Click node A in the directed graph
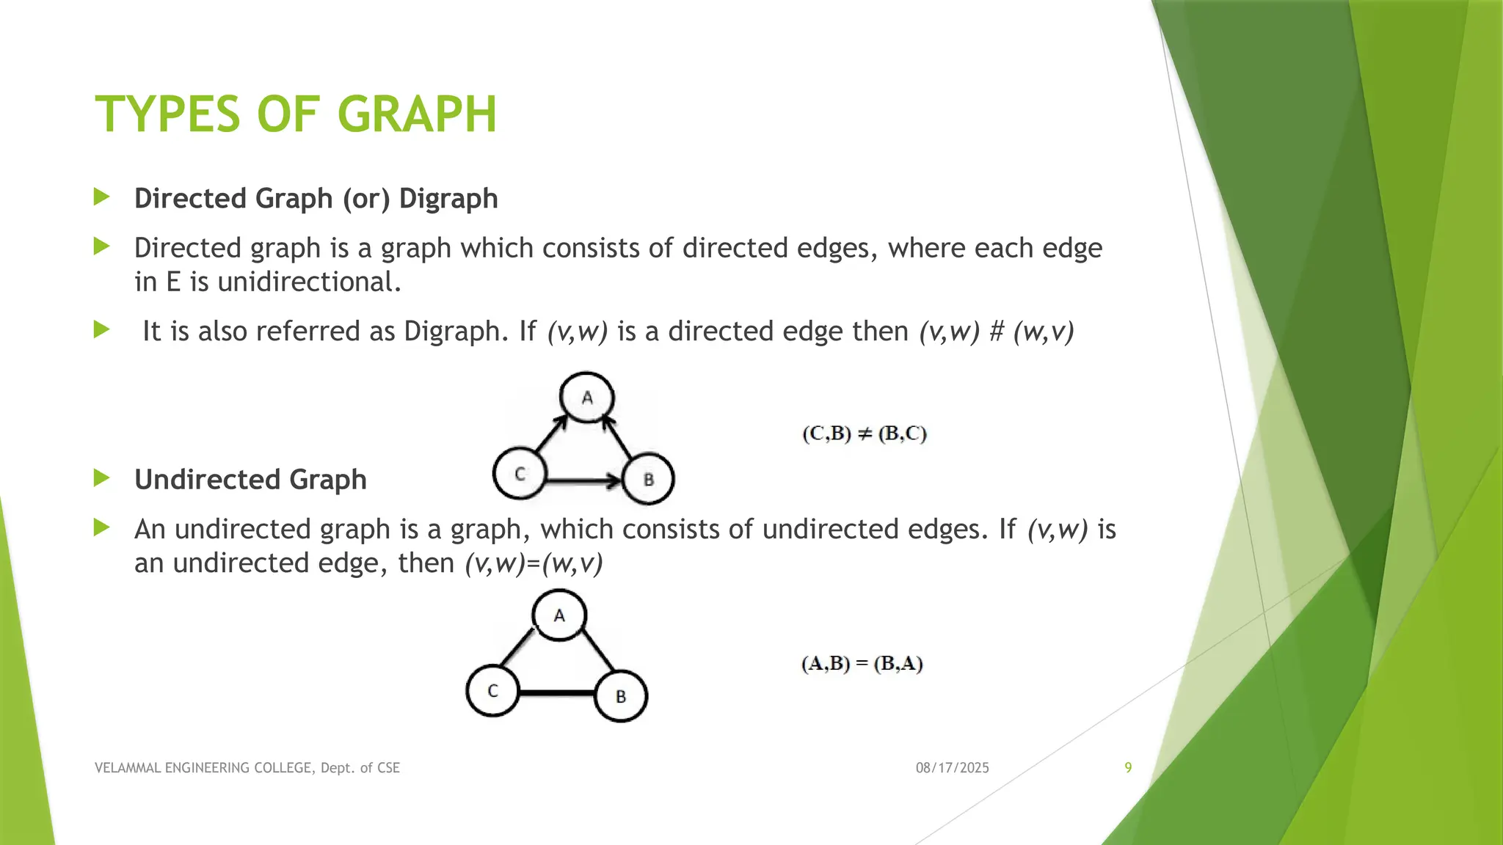(586, 397)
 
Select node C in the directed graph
(520, 474)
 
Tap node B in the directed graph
(648, 479)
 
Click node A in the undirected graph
(559, 615)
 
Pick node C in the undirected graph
(492, 691)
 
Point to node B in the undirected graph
(621, 696)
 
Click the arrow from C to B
(584, 481)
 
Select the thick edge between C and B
(557, 692)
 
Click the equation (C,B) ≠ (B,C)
(865, 434)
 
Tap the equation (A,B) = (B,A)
(862, 664)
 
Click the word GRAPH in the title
(417, 114)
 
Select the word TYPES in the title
(168, 114)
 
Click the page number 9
(1128, 767)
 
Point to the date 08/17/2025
(952, 768)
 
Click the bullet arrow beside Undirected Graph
(102, 479)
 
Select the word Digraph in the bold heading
(448, 199)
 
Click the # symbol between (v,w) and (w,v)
(996, 332)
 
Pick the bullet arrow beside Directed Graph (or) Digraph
(102, 197)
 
